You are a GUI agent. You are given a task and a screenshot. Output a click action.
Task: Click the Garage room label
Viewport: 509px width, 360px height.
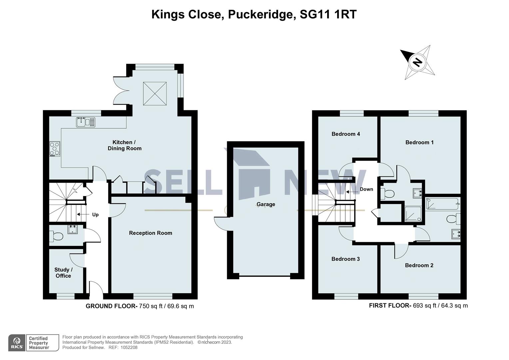(x=265, y=204)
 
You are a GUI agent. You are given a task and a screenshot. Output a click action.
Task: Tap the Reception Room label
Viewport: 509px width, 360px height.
(x=151, y=233)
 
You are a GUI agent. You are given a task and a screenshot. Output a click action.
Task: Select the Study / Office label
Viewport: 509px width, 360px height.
(x=63, y=273)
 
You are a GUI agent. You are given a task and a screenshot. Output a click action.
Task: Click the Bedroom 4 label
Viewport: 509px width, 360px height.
(x=345, y=134)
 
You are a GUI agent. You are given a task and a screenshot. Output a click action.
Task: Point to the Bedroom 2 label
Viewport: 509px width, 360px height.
(x=419, y=265)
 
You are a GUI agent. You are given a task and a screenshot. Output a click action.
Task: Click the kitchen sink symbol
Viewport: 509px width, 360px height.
(x=85, y=122)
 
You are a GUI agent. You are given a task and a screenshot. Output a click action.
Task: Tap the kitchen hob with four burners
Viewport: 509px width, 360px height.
(x=55, y=149)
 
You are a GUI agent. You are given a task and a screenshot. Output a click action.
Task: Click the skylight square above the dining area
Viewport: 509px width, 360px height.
(x=155, y=94)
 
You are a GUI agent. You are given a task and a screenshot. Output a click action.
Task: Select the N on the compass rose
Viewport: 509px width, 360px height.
(x=417, y=62)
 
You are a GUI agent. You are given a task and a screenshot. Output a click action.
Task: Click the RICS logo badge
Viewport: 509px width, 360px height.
(x=17, y=343)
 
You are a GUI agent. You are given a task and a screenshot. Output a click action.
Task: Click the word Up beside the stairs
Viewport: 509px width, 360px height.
(x=95, y=215)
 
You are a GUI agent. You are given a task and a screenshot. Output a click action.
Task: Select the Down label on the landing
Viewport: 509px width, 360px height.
(x=366, y=189)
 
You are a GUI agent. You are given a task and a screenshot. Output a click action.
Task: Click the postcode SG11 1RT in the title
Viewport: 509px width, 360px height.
(x=328, y=14)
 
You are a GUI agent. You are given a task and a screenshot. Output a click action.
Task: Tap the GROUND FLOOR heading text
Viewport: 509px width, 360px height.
(x=111, y=306)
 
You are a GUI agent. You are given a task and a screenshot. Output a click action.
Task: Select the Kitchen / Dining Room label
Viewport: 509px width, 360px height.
(x=125, y=145)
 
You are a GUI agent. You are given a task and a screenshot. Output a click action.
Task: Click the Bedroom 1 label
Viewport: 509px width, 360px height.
(x=419, y=142)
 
